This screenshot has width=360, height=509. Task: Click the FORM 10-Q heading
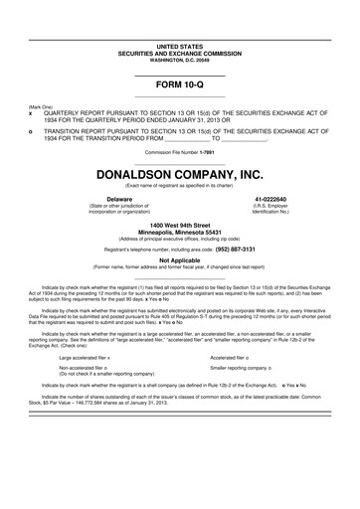pos(179,86)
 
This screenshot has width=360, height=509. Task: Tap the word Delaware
pos(91,199)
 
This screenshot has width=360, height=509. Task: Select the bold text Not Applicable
pos(179,259)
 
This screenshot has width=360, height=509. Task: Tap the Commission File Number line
pos(179,152)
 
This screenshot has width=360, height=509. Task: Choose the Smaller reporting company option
pos(243,367)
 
